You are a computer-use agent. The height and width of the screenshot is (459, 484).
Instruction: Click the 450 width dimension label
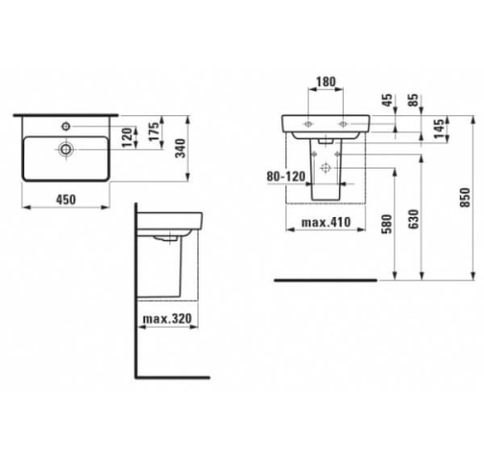point(66,199)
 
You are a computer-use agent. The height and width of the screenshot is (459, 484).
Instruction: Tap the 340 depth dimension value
point(180,149)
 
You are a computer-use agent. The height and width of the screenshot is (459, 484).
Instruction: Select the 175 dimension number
point(154,132)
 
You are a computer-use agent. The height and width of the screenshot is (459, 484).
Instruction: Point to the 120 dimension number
point(127,138)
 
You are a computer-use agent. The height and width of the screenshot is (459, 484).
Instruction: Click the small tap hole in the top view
point(66,126)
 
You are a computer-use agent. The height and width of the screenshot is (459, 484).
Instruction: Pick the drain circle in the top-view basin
point(66,149)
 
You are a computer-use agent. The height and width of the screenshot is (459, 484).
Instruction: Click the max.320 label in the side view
point(167,319)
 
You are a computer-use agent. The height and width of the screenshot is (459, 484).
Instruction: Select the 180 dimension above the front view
point(326,82)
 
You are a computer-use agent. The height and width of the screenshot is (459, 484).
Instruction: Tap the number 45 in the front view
point(387,100)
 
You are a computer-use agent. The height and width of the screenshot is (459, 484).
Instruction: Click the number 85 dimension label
point(414,100)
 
